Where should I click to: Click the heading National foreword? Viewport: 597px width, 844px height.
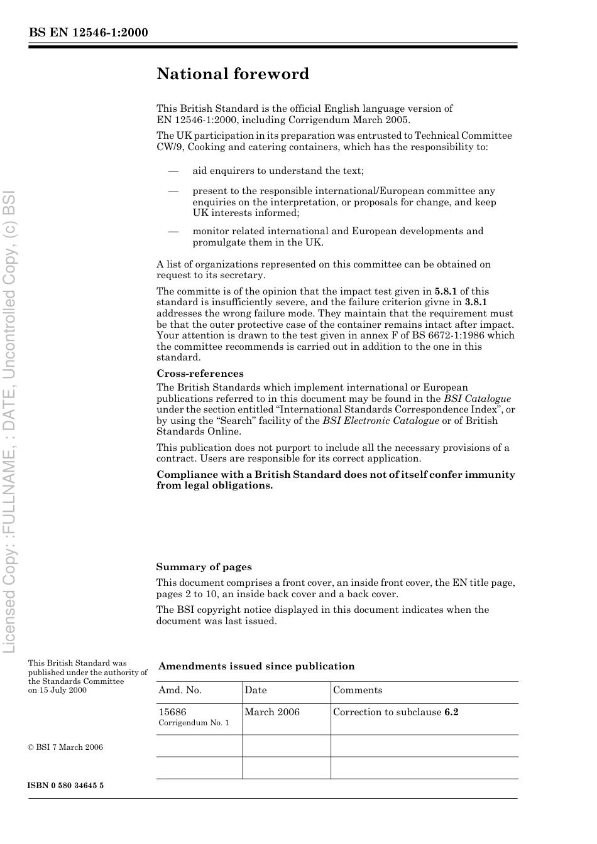coord(233,74)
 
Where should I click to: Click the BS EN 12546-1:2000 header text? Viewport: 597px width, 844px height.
coord(88,33)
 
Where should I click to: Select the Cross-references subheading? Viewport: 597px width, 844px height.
coord(200,374)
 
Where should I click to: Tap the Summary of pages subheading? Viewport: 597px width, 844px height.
coord(204,567)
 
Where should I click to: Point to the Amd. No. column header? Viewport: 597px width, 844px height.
coord(180,690)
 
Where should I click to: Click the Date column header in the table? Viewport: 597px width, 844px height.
coord(256,690)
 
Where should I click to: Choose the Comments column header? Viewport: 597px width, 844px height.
coord(358,690)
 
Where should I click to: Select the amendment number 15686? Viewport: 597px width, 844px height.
coord(172,712)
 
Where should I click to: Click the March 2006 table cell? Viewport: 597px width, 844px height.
coord(272,712)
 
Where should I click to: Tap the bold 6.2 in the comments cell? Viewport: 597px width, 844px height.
coord(451,712)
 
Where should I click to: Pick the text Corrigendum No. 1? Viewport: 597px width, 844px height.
coord(194,723)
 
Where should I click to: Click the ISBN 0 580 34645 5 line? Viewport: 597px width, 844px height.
coord(66,786)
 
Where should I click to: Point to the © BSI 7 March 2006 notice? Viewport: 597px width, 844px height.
coord(65,747)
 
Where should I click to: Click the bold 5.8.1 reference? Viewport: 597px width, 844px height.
coord(446,291)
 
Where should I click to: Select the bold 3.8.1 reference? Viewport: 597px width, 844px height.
coord(476,302)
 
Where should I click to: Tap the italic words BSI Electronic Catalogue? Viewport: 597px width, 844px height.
coord(381,421)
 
